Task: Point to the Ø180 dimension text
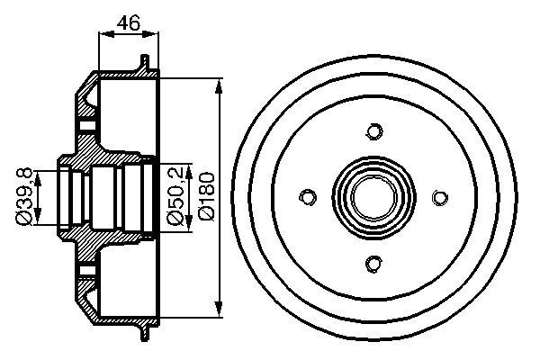tap(206, 196)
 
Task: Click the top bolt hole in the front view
tap(373, 131)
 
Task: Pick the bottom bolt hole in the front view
tap(373, 263)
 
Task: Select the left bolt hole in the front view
tap(308, 197)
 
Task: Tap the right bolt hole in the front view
tap(440, 197)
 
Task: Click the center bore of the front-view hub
tap(373, 197)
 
